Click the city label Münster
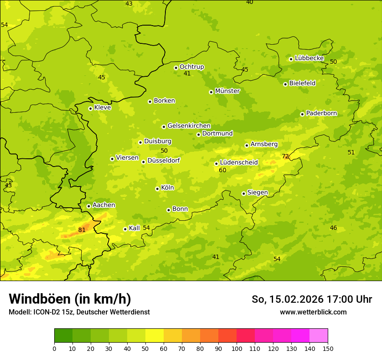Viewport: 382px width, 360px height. click(227, 91)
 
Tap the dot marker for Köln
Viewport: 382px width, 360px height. click(157, 189)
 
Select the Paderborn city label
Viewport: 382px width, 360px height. click(321, 113)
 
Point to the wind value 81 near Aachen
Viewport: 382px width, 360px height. click(82, 230)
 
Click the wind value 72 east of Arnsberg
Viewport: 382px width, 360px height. click(285, 156)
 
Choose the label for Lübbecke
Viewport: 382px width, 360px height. click(309, 58)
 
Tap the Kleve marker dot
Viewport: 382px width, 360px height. click(90, 108)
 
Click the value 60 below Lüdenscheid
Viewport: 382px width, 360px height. click(223, 170)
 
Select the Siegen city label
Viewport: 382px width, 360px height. click(257, 193)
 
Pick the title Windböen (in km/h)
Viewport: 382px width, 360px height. click(70, 299)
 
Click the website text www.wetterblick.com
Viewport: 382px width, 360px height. click(313, 312)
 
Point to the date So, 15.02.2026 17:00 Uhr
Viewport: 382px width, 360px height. click(312, 299)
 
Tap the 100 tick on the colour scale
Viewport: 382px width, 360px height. click(237, 348)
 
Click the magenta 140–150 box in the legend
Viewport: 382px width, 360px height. click(319, 336)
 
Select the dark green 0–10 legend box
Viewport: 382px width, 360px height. click(63, 336)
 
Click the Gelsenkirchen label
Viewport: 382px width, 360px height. click(189, 126)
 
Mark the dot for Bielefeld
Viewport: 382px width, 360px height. click(285, 84)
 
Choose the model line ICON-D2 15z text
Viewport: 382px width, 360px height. click(79, 312)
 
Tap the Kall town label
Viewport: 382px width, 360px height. click(134, 228)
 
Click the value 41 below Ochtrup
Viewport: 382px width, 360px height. click(187, 74)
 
